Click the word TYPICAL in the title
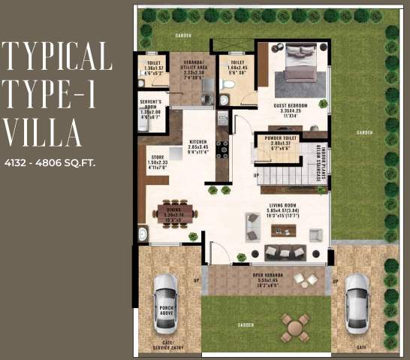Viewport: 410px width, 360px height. (x=57, y=56)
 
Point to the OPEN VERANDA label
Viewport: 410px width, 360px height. (x=268, y=276)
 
